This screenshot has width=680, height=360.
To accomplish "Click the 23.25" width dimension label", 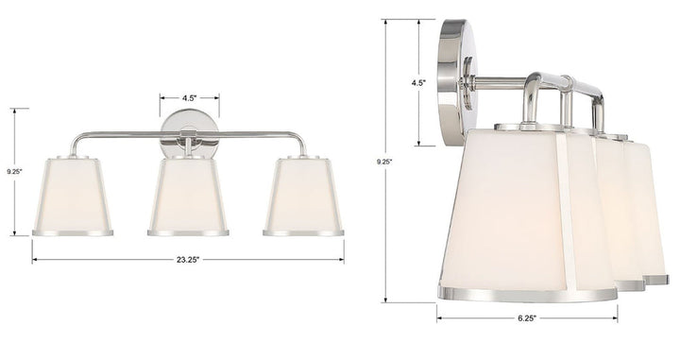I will point(186,259).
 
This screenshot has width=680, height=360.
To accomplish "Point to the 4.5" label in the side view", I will point(418,82).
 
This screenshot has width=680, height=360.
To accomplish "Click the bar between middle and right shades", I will point(247,133).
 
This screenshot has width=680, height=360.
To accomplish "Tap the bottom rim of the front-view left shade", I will point(73,231).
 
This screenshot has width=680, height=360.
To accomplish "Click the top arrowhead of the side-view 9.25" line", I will point(384,21).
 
